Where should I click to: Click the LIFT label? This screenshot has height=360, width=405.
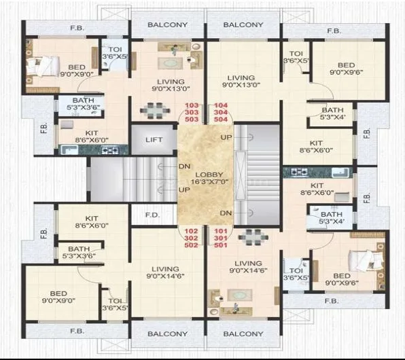[153, 141]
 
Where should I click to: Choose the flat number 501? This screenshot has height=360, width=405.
[221, 245]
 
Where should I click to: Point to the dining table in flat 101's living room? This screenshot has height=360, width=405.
[249, 236]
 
